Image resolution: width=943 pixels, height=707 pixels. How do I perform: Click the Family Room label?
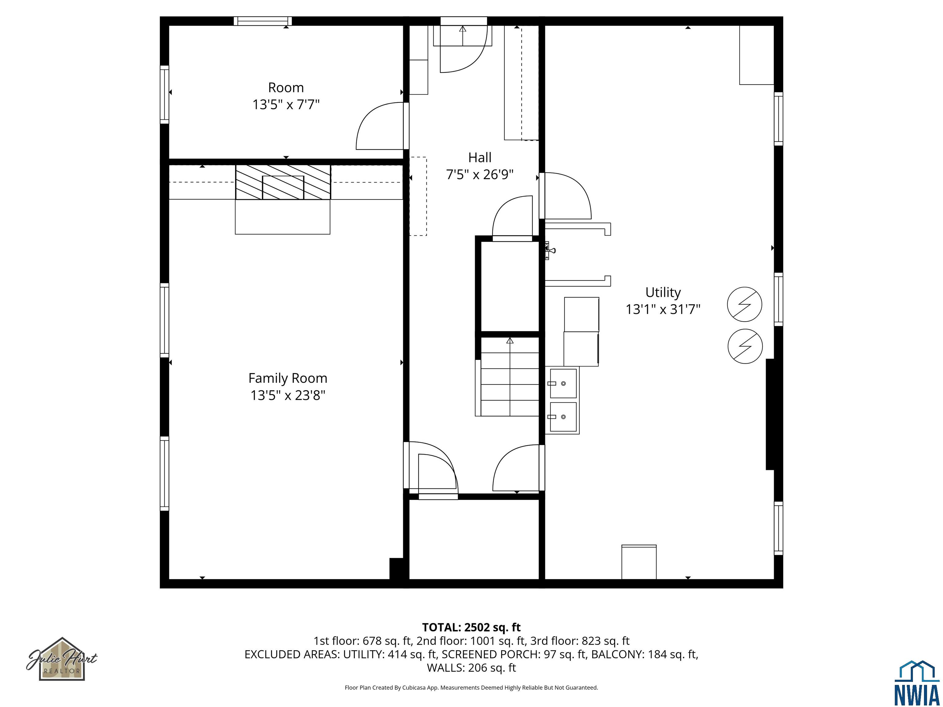[x=288, y=378]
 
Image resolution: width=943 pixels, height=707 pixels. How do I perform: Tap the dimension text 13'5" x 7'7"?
[x=285, y=104]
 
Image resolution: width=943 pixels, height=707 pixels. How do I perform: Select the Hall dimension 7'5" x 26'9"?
[x=479, y=175]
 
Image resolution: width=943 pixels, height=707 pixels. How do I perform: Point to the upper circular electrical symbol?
[x=744, y=304]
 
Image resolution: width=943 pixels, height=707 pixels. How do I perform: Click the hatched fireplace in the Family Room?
[x=283, y=182]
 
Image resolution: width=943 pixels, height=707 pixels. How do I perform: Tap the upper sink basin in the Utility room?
[x=563, y=384]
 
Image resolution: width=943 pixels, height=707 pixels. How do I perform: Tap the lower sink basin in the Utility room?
[x=563, y=417]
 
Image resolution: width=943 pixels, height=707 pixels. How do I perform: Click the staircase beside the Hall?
[x=510, y=377]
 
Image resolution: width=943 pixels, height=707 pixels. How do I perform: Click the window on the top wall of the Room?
[x=262, y=21]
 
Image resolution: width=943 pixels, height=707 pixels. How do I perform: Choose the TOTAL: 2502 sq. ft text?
[x=471, y=627]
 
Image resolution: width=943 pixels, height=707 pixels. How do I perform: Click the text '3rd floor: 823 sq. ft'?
[x=580, y=641]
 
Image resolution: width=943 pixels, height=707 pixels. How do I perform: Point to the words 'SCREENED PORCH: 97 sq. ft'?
[x=514, y=654]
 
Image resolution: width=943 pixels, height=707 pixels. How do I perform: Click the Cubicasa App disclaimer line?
[x=471, y=687]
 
